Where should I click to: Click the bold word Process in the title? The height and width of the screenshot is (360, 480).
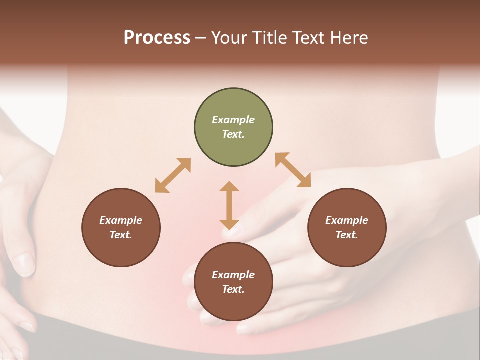(157, 38)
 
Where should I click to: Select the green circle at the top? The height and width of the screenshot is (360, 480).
(233, 127)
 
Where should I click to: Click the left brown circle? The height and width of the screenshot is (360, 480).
(121, 227)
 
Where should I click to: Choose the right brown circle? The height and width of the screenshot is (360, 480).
(347, 227)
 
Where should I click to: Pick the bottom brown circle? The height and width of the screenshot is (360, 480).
(233, 282)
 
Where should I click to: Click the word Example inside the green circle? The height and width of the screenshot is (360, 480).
(233, 120)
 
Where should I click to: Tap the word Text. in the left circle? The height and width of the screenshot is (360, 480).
(121, 235)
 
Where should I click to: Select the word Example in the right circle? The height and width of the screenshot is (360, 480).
(347, 220)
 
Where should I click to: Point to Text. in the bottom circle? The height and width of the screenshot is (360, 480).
(233, 289)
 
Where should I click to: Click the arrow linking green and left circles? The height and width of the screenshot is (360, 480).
(173, 175)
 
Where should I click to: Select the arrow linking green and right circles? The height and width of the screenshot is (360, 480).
(293, 170)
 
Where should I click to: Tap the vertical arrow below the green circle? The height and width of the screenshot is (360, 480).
(229, 205)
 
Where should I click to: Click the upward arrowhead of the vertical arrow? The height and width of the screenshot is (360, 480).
(229, 187)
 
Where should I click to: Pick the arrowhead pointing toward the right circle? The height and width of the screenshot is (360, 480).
(304, 181)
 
